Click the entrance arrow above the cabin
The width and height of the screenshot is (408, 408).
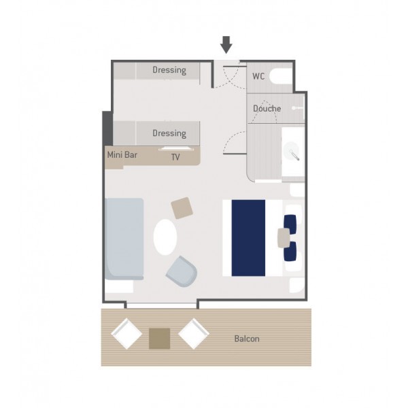coord(226,45)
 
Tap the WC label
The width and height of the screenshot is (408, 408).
coord(258,76)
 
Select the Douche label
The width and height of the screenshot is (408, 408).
coord(267,108)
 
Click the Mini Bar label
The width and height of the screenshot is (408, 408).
coord(122,155)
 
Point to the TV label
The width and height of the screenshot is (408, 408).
coord(175,157)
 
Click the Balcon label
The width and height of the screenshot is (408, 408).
coord(247,339)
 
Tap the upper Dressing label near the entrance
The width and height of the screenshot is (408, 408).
coord(169,70)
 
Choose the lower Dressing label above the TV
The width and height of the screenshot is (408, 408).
coord(169,133)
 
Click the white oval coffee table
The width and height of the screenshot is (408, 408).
coord(165,237)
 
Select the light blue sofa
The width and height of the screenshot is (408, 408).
coord(124,239)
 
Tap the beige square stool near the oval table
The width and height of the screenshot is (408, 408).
coord(182,208)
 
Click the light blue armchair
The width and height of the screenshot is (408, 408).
coord(182,271)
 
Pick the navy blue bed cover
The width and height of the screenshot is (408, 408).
coord(248,238)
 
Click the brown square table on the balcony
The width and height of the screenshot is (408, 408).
coord(160,339)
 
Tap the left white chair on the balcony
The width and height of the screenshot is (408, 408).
coord(126,334)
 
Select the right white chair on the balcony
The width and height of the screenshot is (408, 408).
coord(194,334)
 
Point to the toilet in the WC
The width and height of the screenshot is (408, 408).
coord(280,76)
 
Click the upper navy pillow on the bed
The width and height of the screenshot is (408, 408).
coord(290,224)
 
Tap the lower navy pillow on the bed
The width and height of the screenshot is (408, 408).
coord(290,251)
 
